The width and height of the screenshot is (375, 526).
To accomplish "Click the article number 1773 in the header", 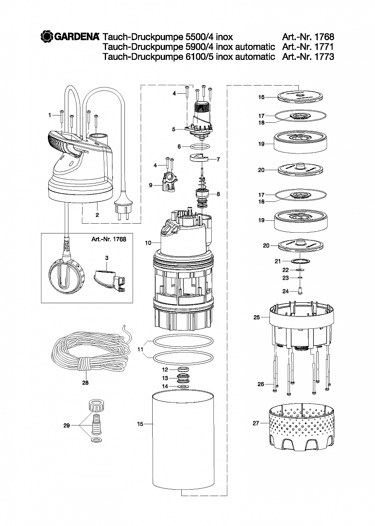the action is coord(324,56).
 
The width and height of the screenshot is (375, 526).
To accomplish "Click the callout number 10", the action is coord(148,243).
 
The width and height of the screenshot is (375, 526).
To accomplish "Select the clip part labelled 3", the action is coord(109,280).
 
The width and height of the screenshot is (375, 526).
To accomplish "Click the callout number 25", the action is coord(257,317).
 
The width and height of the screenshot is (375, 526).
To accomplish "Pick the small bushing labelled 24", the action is coord(300,291).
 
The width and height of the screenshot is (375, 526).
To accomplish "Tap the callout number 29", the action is coord(67,426).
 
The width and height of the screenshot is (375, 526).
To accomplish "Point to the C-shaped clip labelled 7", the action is coord(199,157).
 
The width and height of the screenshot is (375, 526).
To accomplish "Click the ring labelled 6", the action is coord(200,147).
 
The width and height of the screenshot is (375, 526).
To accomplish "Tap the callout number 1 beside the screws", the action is coord(50,115).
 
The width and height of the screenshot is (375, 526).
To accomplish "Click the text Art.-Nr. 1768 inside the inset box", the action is coord(109,239).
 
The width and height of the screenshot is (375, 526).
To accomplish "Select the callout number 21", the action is coord(278,261).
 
